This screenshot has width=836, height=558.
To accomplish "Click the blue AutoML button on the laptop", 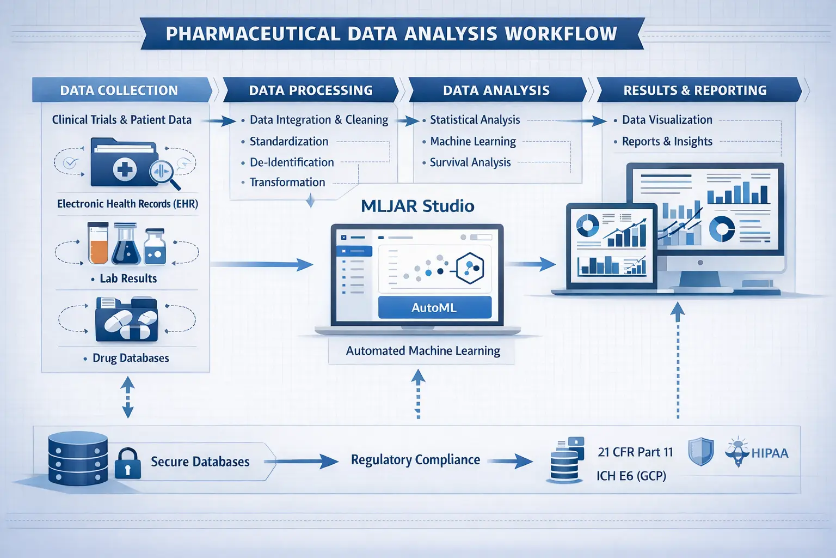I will pos(434,307).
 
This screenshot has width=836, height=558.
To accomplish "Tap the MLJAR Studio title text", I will pos(417,206).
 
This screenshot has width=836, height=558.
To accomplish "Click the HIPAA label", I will pos(769,453).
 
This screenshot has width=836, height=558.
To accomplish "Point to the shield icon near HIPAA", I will pos(700,452).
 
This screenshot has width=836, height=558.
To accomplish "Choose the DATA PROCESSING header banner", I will pos(311,90).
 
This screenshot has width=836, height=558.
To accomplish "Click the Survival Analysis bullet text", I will pos(470,162).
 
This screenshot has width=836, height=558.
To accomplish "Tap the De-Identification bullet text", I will pos(292,162).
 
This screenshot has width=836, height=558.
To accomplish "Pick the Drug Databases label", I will pos(131,358).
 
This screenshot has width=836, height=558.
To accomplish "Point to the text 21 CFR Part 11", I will pos(635,452).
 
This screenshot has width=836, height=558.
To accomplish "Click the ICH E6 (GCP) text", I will pos(631,476).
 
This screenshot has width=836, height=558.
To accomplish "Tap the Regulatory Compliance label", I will pos(415,460).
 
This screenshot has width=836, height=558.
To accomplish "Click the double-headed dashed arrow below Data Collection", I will pos(127,398).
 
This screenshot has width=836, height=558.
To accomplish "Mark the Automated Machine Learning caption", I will pos(423,351).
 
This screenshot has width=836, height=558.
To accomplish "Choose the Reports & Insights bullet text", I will pos(667,142).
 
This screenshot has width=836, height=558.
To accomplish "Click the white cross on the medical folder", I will pos(125,169).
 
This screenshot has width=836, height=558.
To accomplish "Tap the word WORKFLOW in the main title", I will pos(561,34).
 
